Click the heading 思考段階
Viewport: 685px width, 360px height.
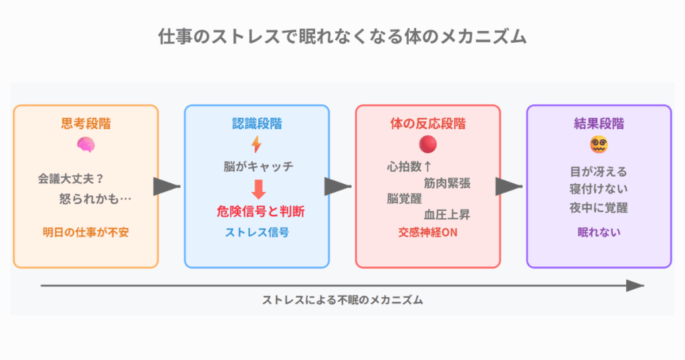pos(86,124)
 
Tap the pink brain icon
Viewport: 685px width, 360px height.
pos(86,145)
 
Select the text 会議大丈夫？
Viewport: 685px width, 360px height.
pos(71,179)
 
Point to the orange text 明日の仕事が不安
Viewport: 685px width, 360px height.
pos(86,232)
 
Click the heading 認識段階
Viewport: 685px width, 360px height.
pos(257,124)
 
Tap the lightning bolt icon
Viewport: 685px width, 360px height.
pos(256,144)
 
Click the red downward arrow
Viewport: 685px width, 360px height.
pos(259,189)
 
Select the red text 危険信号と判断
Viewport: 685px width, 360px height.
pos(261,211)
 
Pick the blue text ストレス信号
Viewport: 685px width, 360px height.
pos(257,232)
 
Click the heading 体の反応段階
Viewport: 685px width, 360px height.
pos(428,124)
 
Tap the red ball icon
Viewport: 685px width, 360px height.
pos(427,144)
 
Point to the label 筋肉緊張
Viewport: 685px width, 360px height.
pos(447,183)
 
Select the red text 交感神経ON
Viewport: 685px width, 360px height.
pos(427,232)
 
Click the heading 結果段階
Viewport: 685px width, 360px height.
pos(599,124)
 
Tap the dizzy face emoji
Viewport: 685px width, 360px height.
pos(599,145)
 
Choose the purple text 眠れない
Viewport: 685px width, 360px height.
pos(599,232)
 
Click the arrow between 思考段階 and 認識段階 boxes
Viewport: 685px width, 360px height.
pos(167,187)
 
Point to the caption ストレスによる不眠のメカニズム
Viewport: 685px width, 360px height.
pos(342,300)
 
